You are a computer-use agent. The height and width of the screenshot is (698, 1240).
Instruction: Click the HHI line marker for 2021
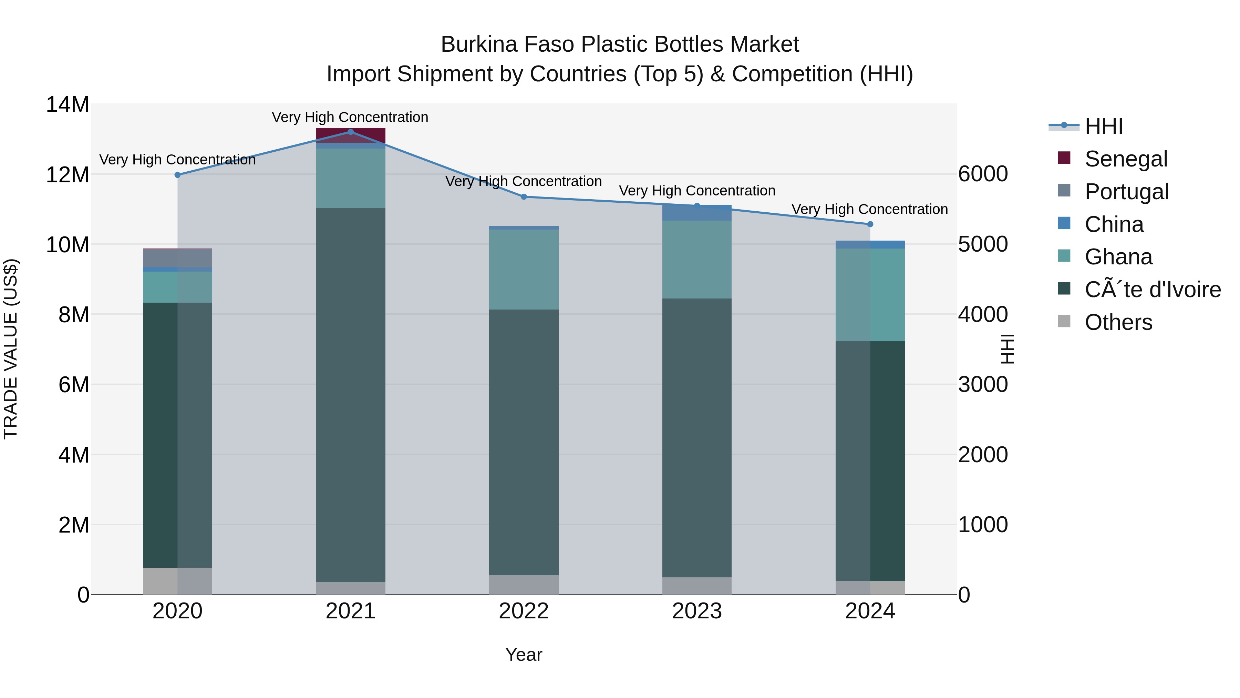point(350,132)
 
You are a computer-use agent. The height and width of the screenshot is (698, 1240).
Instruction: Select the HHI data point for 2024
point(870,224)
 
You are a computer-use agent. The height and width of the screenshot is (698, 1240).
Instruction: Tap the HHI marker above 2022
point(524,196)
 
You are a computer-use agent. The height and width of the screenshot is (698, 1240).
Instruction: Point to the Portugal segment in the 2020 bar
point(177,258)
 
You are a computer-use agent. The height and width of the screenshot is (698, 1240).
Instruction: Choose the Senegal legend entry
point(1126,159)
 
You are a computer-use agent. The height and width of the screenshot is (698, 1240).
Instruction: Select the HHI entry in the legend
point(1103,126)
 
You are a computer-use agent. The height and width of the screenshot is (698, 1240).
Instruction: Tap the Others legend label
point(1118,322)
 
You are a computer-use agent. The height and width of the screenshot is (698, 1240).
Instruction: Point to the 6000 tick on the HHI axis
point(982,174)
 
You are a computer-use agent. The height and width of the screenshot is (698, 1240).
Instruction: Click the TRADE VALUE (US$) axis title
point(11,349)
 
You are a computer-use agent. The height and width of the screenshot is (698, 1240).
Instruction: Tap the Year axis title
point(524,655)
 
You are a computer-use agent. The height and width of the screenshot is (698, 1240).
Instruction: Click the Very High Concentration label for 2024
point(869,210)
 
